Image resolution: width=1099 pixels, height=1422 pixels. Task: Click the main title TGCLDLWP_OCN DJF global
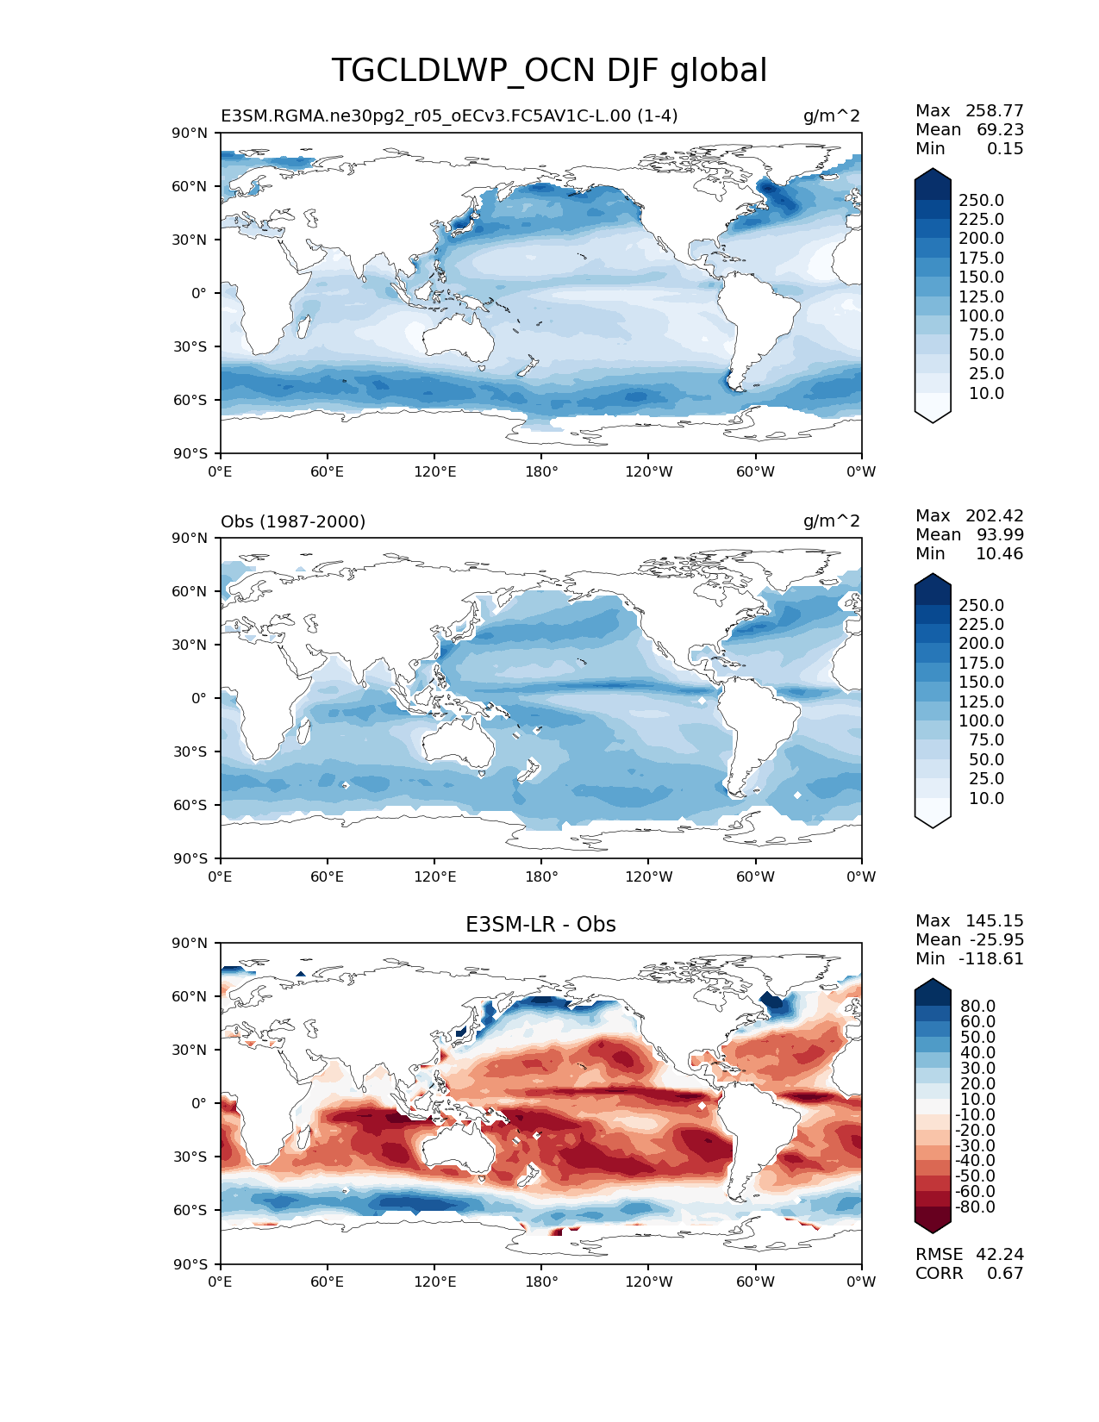[x=549, y=71]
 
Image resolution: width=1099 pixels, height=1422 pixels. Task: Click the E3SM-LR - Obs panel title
[x=540, y=925]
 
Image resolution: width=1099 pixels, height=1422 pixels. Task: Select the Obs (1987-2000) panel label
[x=293, y=521]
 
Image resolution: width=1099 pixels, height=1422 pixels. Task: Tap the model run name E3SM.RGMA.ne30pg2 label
[x=449, y=116]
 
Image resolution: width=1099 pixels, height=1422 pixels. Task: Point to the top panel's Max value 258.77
[x=994, y=111]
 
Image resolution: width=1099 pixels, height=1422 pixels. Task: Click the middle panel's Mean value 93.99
[x=1000, y=535]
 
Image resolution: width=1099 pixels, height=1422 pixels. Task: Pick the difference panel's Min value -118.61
[x=994, y=959]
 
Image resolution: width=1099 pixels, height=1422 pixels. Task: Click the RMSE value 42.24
[x=1000, y=1255]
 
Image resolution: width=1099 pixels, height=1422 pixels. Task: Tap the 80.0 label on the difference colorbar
[x=978, y=1007]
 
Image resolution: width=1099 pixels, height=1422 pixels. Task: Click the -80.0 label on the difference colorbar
[x=976, y=1207]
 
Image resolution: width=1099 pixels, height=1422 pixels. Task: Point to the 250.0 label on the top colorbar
[x=981, y=201]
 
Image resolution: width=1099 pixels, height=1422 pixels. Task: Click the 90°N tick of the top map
[x=190, y=133]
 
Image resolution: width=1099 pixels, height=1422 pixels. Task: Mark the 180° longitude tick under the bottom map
[x=541, y=1282]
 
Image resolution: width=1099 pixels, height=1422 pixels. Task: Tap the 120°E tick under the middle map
[x=434, y=876]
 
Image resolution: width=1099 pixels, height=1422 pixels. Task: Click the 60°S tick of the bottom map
[x=190, y=1210]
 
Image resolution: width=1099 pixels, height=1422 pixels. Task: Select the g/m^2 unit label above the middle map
[x=832, y=521]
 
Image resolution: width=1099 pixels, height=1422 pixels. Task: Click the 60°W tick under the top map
[x=755, y=471]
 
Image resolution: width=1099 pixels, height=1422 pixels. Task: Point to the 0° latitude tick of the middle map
[x=198, y=698]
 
